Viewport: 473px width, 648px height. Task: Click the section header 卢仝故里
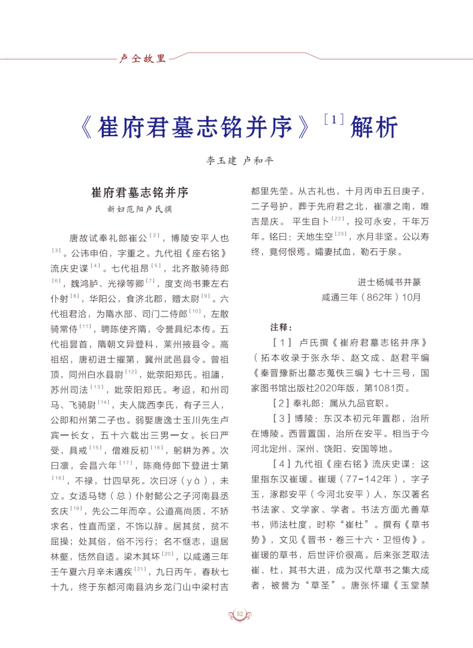point(143,59)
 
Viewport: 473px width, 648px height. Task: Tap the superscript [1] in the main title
point(330,118)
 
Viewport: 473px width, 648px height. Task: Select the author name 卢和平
point(257,161)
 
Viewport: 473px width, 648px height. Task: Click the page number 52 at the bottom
point(240,613)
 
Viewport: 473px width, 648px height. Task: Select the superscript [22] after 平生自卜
point(338,219)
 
